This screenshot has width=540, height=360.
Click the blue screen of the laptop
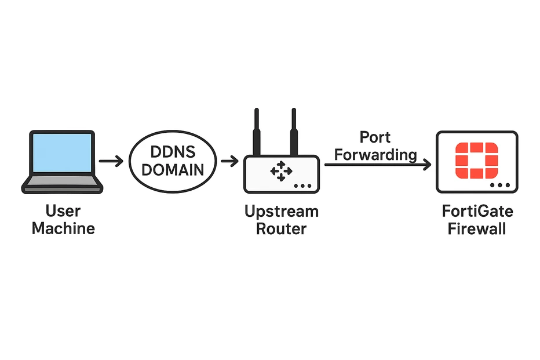[x=63, y=152]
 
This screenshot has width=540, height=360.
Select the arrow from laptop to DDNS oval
[x=111, y=161]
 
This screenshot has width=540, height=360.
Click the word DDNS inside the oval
[x=173, y=152]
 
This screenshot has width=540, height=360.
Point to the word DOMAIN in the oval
[x=173, y=170]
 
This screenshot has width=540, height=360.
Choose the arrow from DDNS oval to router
[x=229, y=161]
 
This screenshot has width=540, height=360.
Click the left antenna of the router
[x=257, y=132]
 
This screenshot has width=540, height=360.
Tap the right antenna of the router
[x=294, y=132]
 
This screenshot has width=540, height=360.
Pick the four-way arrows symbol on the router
[x=282, y=171]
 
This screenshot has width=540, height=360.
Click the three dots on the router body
[x=302, y=186]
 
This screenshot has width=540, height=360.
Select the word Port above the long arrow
[x=375, y=138]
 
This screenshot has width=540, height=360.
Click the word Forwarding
[x=375, y=155]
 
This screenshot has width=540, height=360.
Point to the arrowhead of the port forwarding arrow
[x=427, y=165]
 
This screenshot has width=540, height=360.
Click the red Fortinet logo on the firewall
[x=477, y=161]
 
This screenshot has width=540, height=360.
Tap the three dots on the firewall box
[x=500, y=185]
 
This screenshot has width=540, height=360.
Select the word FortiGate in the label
[x=477, y=211]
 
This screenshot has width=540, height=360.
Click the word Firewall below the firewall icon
[x=477, y=229]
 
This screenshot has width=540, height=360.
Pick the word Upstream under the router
[x=282, y=212]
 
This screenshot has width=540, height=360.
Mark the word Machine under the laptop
[x=63, y=228]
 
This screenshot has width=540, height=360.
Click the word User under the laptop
[x=63, y=211]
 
